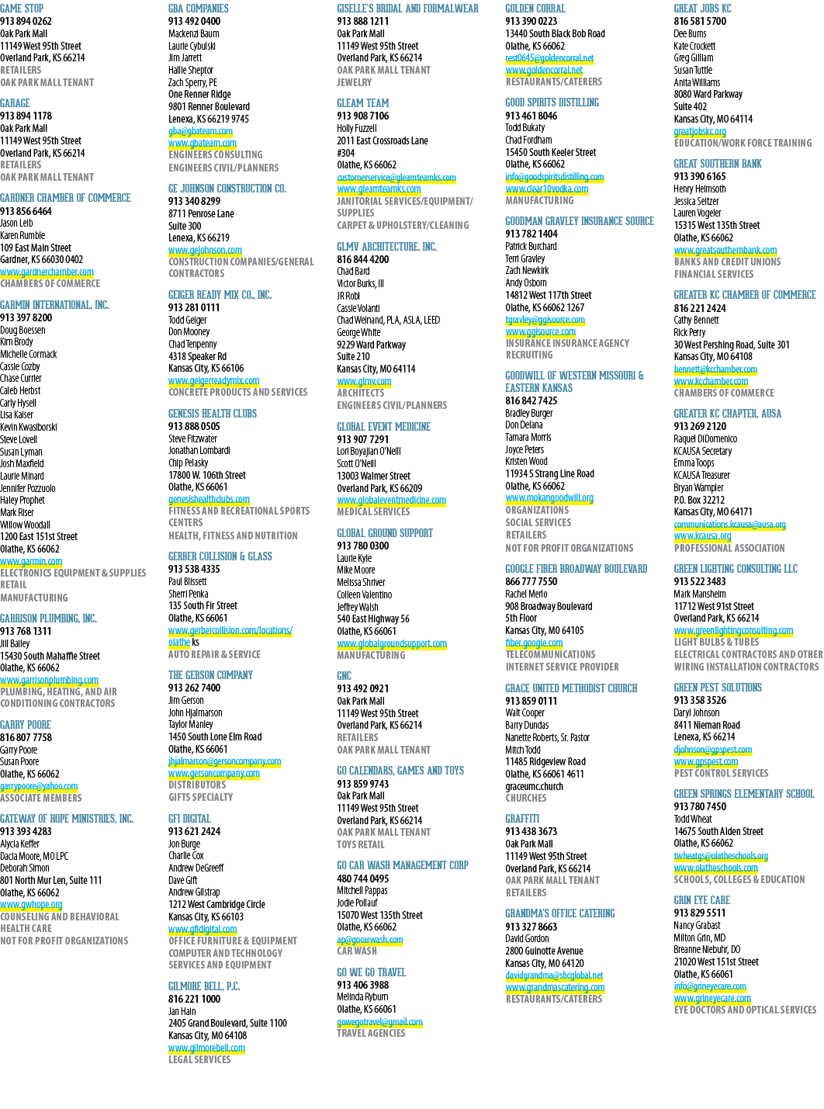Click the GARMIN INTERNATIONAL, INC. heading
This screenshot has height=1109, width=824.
coord(54,305)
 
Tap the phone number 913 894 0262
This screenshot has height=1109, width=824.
coord(26,22)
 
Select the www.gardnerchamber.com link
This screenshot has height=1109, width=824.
coord(47,272)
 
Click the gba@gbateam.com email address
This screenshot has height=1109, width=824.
coord(200,131)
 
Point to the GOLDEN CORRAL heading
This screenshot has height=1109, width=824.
coord(535,9)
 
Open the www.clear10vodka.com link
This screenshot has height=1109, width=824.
coord(546,189)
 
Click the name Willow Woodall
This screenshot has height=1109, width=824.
coord(25,525)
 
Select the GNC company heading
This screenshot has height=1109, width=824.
coord(344,676)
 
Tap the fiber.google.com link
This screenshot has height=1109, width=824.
coord(534,643)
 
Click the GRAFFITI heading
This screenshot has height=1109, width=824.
coord(522,819)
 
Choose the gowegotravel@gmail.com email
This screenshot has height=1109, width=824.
coord(379,1022)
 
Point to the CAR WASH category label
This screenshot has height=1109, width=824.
coord(356,951)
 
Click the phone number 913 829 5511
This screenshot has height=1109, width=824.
coord(700,913)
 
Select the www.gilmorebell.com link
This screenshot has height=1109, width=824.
coord(206,1048)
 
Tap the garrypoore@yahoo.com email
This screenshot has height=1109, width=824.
coord(39,786)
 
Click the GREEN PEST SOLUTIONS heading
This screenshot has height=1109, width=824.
coord(718,688)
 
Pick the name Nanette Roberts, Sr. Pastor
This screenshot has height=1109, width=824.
coord(547,737)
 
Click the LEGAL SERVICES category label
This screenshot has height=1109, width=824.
coord(199,1059)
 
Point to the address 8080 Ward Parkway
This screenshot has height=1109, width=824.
coord(708,95)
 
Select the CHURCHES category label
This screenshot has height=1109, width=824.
coord(525,798)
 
